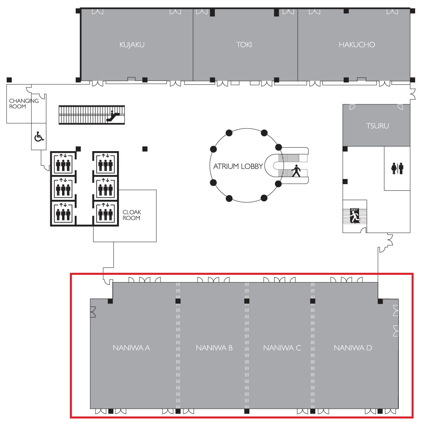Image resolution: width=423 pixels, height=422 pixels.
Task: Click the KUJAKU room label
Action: [x=132, y=44]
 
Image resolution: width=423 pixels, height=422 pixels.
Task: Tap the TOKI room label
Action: [x=244, y=44]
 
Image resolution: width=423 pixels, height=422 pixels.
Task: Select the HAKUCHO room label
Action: [x=357, y=44]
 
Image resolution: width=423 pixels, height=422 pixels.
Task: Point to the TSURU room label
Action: [x=377, y=126]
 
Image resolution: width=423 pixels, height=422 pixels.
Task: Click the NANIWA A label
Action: [x=132, y=348]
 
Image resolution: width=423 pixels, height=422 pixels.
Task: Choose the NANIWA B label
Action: [x=214, y=348]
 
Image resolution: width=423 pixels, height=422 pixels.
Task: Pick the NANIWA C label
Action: [x=282, y=348]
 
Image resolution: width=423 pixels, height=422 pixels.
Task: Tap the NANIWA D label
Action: [x=353, y=348]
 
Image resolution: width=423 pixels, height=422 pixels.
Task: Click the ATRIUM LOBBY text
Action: [x=238, y=166]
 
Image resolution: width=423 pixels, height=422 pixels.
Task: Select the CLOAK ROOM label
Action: [x=132, y=215]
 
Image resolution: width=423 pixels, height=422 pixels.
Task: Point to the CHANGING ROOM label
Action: [x=24, y=104]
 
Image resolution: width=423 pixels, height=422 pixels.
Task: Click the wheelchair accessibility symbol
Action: [x=39, y=137]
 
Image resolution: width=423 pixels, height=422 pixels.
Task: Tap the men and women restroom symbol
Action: [x=397, y=168]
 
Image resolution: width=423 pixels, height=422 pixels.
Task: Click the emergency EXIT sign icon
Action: [x=355, y=216]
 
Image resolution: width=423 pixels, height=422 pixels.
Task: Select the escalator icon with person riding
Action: [x=113, y=116]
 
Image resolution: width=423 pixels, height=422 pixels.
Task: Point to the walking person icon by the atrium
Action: [x=296, y=171]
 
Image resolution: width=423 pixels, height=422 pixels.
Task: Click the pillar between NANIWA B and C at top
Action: [x=247, y=301]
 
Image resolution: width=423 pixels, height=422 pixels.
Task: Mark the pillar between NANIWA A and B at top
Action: [x=178, y=301]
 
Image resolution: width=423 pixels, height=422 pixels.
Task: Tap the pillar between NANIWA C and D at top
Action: [x=313, y=301]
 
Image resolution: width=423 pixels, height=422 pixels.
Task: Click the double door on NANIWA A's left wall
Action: [x=93, y=312]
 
